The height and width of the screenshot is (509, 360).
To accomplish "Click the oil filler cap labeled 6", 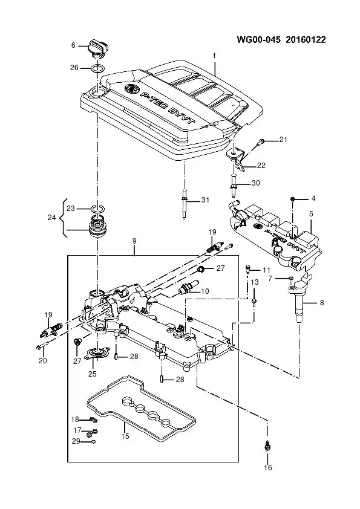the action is point(96,49).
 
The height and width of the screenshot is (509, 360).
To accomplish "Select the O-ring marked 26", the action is point(98,68).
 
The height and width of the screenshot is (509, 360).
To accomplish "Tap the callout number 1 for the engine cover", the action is point(214,56).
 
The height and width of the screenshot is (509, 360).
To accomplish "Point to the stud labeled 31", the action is point(185,204).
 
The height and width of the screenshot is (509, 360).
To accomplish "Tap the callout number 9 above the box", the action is point(134,241).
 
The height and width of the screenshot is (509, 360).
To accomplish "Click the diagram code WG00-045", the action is point(258,40).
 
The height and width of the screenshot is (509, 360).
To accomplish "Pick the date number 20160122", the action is point(306,40).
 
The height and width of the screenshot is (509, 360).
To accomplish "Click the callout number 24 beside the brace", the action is point(52,218).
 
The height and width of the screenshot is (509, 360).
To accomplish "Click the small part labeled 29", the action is point(94,441).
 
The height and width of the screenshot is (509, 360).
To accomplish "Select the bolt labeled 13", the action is point(254,302).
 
